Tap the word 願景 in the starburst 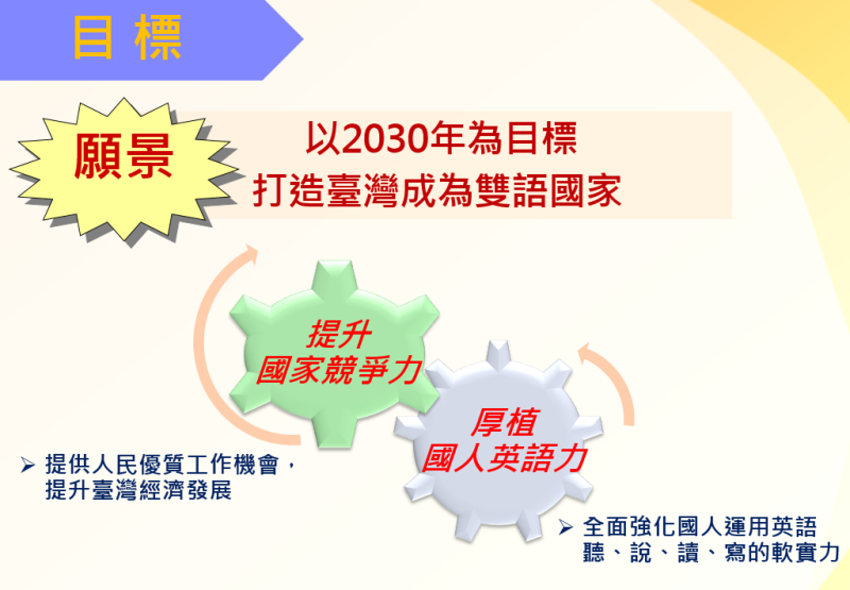point(124,156)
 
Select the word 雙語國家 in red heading point(548,191)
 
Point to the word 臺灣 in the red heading point(363,191)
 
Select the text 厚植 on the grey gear point(505,423)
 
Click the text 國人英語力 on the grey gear point(505,458)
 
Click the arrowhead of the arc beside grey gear point(585,351)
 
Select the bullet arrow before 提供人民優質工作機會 point(28,465)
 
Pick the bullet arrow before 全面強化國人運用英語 point(566,527)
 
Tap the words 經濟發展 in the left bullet point(185,490)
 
